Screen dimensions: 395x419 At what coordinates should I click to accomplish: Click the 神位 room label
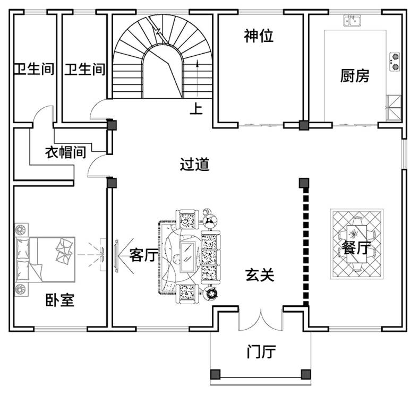click(259, 36)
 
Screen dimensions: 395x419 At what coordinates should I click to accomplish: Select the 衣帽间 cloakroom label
click(65, 153)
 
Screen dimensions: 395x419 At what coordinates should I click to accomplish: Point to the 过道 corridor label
click(194, 165)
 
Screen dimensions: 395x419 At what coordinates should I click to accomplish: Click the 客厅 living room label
click(144, 255)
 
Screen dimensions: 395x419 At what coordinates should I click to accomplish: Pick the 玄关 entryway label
click(260, 275)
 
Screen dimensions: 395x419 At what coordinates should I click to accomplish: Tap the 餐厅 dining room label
click(356, 247)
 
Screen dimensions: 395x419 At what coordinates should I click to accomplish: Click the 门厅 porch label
click(261, 351)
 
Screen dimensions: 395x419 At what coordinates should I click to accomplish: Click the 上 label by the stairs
click(196, 109)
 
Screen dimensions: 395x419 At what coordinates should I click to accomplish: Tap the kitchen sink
click(351, 21)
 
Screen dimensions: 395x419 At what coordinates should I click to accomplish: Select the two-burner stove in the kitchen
click(395, 61)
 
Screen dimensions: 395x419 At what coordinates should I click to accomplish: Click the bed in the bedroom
click(45, 259)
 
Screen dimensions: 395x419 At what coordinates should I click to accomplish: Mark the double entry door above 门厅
click(260, 319)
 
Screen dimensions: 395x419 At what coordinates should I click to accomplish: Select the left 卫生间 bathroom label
click(34, 69)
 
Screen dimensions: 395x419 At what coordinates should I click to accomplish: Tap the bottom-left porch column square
click(215, 374)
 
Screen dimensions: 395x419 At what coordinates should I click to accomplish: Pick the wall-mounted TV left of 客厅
click(116, 255)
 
